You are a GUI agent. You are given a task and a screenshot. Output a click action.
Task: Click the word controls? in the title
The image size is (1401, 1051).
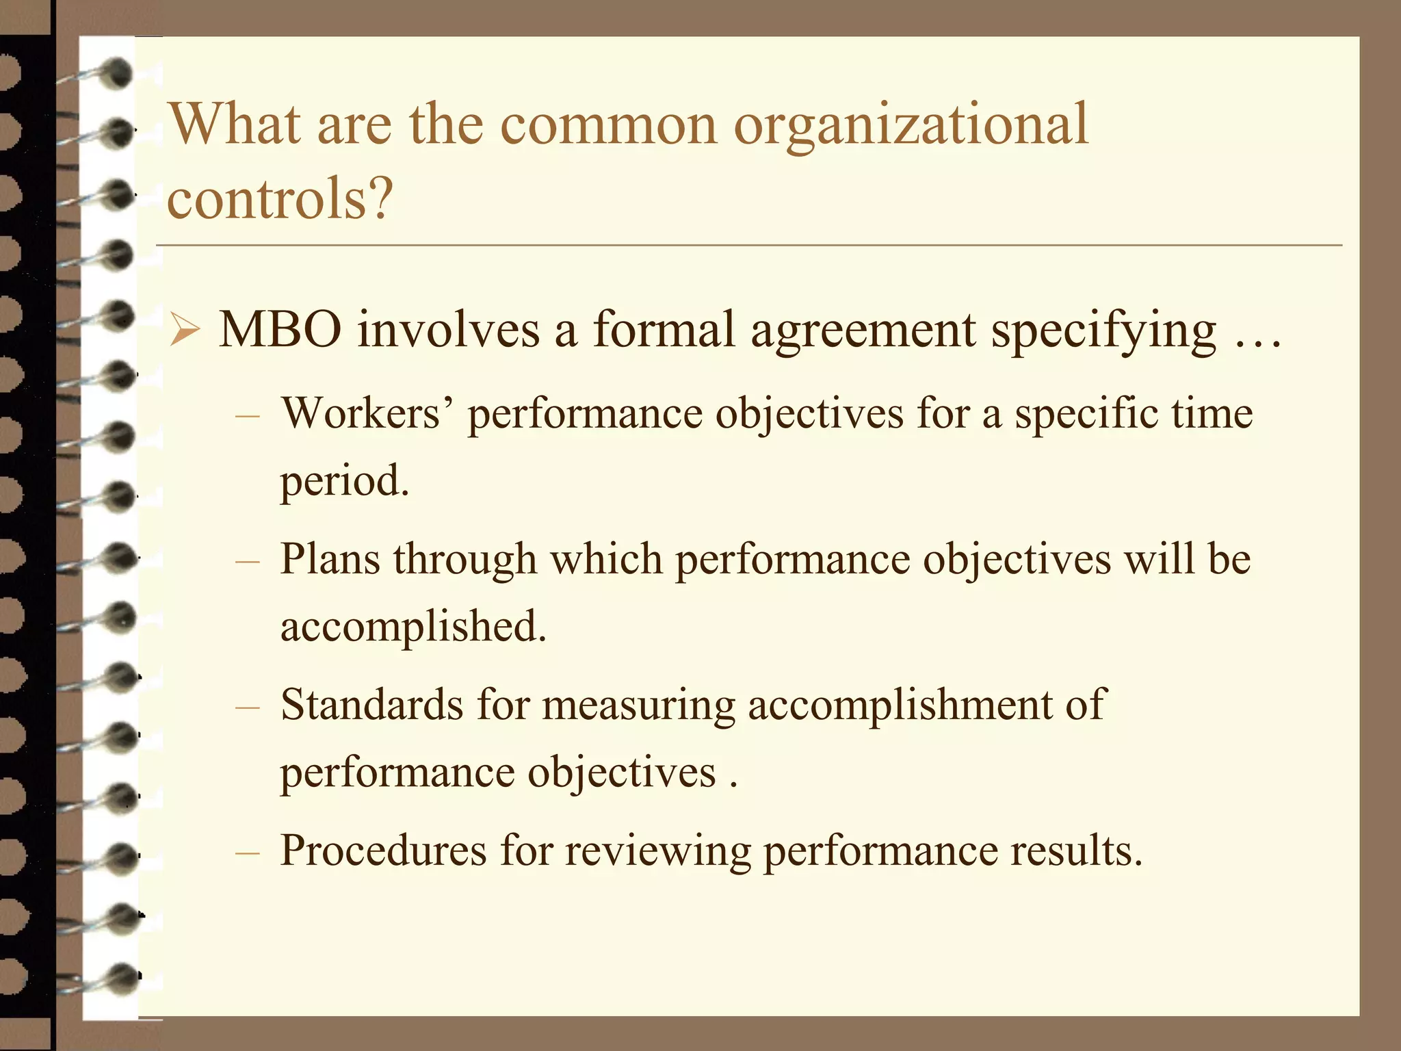pos(280,199)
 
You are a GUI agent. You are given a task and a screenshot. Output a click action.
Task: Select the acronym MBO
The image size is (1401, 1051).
pos(280,330)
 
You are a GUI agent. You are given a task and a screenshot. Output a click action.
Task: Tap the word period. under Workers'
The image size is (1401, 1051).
pos(345,481)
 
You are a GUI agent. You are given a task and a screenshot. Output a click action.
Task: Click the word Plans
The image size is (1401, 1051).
pos(330,559)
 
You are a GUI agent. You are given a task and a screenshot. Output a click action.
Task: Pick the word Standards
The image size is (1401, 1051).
pos(371,705)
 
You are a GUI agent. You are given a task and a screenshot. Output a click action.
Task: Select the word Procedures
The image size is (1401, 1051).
pos(383,851)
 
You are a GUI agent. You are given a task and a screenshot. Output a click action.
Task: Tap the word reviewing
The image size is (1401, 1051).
pos(657,853)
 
